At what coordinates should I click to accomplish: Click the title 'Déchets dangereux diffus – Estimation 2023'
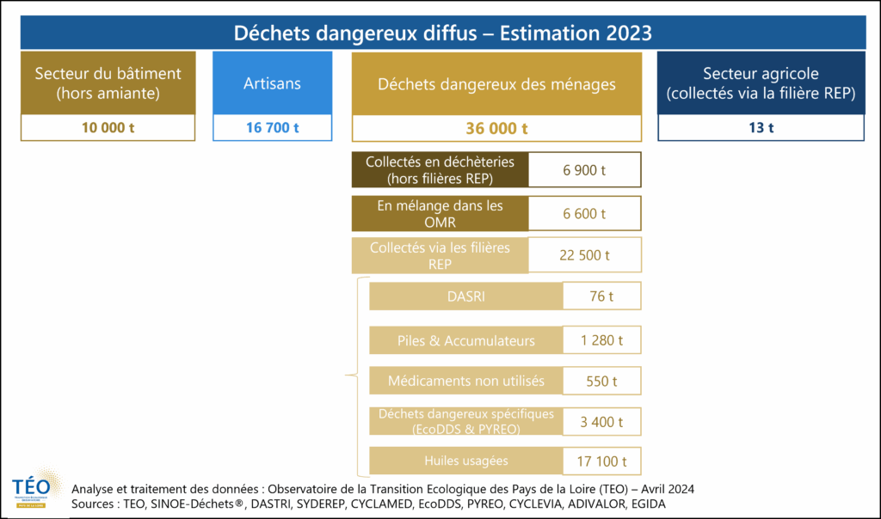(x=443, y=33)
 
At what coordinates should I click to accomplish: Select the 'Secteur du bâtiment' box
(x=108, y=83)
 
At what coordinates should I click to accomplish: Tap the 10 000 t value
(x=108, y=128)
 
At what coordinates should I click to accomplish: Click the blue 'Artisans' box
(x=272, y=83)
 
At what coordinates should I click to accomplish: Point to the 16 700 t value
(x=272, y=128)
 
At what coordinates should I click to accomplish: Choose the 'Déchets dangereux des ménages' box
(x=496, y=83)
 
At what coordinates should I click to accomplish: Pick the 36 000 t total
(x=496, y=128)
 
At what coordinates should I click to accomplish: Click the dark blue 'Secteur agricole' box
(x=761, y=83)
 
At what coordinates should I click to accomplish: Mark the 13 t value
(x=761, y=128)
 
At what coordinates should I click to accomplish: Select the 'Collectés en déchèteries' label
(x=440, y=170)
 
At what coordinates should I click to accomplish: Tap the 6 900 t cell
(x=584, y=170)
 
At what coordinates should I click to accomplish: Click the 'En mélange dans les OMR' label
(x=440, y=213)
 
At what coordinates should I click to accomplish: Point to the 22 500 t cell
(x=584, y=255)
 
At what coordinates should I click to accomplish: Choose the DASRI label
(x=465, y=297)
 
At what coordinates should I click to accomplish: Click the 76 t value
(x=601, y=297)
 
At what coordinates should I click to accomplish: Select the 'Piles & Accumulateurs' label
(x=465, y=340)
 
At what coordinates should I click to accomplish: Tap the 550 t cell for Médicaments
(x=601, y=382)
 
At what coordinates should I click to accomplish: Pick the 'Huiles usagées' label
(x=465, y=461)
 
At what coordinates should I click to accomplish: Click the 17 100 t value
(x=601, y=461)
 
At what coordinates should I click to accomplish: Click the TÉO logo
(x=32, y=492)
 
